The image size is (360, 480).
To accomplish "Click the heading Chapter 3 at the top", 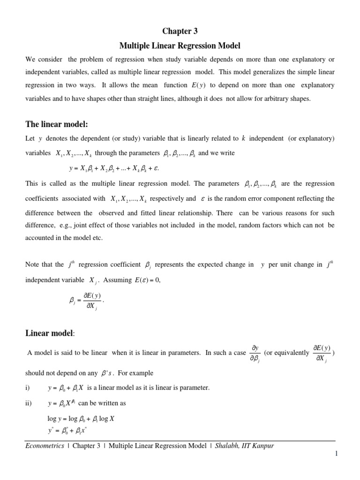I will tap(180, 31).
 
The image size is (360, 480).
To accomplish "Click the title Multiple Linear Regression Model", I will tap(180, 46).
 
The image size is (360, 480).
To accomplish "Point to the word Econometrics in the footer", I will tap(45, 446).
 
